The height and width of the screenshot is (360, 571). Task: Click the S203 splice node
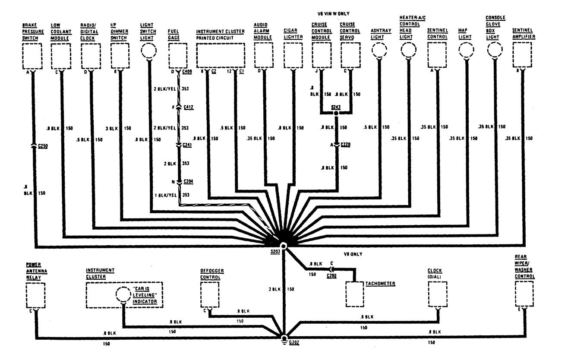coord(284,245)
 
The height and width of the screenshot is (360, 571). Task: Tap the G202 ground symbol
coord(284,338)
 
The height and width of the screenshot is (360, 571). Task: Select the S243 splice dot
coord(336,114)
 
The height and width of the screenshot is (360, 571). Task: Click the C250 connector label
coord(42,146)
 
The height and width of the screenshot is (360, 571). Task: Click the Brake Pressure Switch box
coord(32,57)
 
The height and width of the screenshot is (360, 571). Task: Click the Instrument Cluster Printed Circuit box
coord(221,56)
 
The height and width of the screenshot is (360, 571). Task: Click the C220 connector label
coord(345,145)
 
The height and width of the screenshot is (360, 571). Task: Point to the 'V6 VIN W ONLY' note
coord(333,13)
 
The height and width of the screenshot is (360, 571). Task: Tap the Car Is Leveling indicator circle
coord(123,295)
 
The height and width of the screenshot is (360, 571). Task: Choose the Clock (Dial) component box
coord(437,294)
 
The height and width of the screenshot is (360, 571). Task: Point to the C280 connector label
coord(331,275)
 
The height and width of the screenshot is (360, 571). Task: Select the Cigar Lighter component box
coord(294,57)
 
